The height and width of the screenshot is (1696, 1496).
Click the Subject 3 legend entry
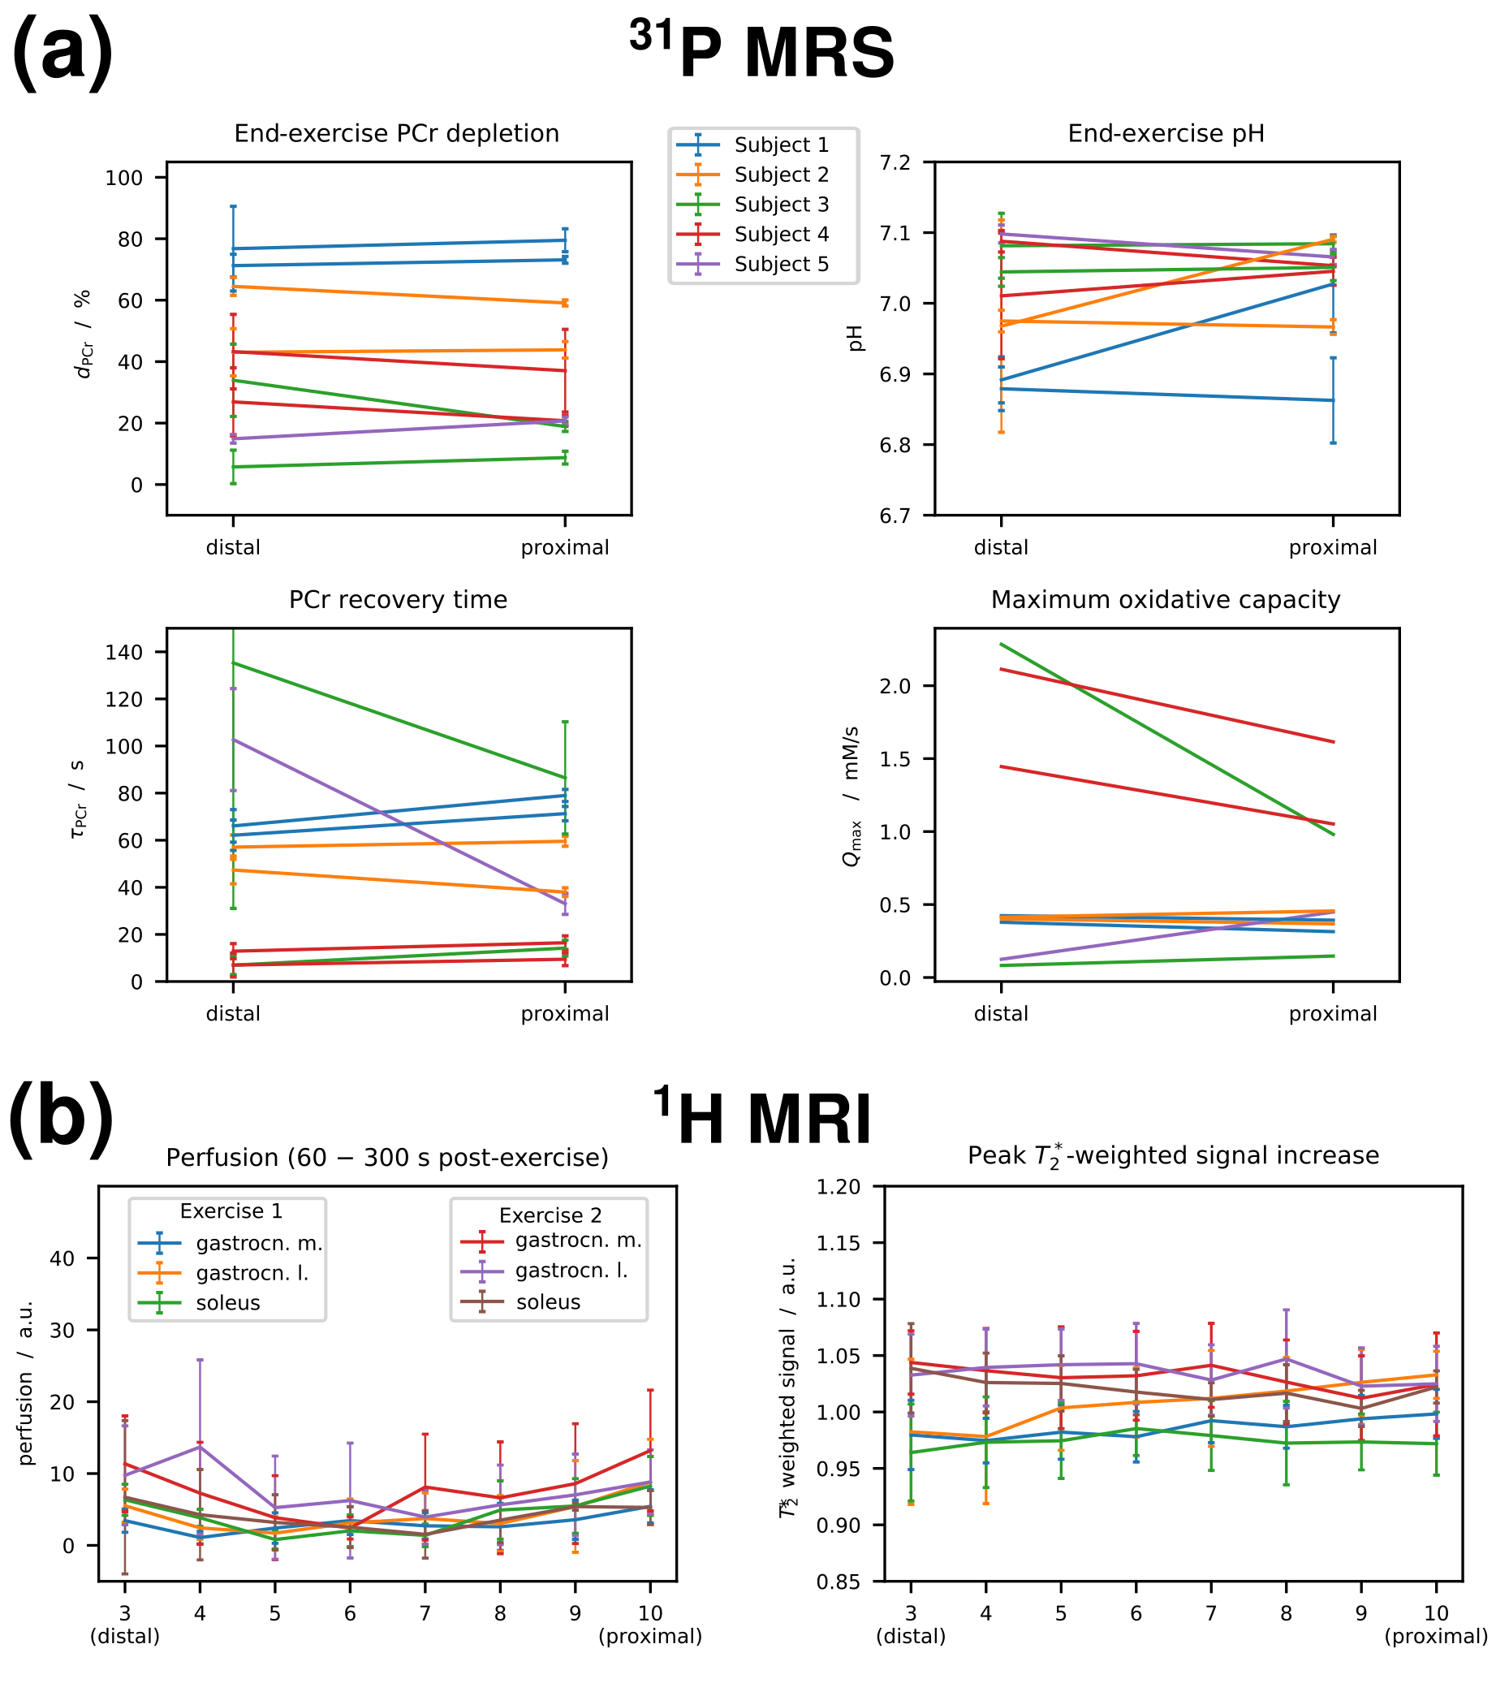(x=780, y=204)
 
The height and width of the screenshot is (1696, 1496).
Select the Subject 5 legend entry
(x=780, y=264)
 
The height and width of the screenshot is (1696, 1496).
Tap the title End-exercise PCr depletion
(x=397, y=134)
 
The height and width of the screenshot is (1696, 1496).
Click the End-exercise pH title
(x=1165, y=134)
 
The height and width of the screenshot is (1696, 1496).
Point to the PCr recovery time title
(x=398, y=599)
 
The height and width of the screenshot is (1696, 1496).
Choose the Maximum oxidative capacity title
(x=1165, y=599)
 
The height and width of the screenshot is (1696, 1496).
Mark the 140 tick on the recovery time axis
(x=124, y=652)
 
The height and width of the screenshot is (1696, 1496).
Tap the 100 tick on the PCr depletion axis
(x=123, y=178)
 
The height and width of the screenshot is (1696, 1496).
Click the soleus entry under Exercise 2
(x=548, y=1302)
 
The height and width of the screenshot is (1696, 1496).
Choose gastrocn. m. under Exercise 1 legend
(x=259, y=1243)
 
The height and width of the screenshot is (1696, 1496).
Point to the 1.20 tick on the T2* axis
(x=838, y=1186)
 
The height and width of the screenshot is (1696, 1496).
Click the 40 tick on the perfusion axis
(x=63, y=1258)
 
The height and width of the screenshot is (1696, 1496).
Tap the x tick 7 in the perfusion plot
(x=425, y=1612)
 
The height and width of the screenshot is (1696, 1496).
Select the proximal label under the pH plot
(x=1332, y=548)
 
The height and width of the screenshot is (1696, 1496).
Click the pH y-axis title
(x=856, y=338)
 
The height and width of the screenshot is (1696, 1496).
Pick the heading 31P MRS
(x=761, y=51)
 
